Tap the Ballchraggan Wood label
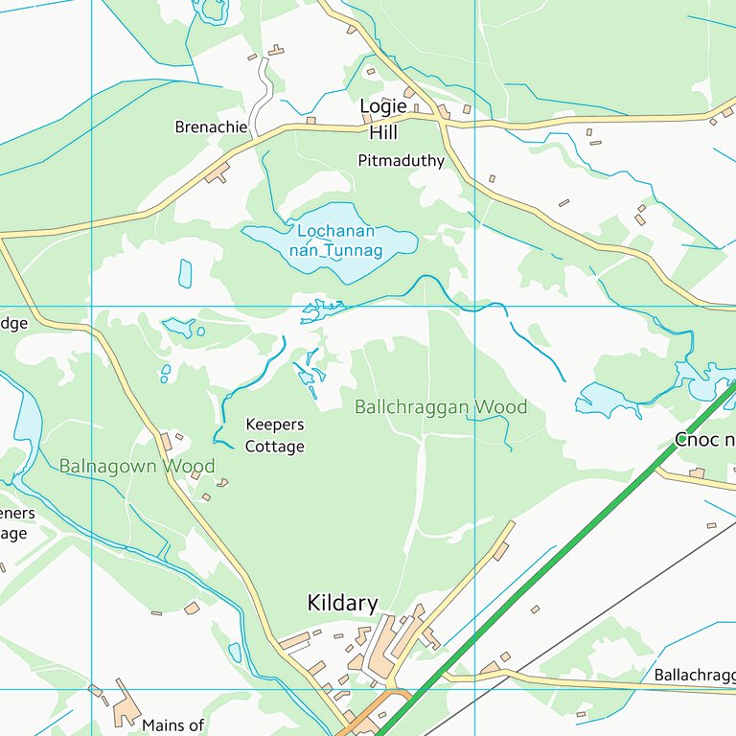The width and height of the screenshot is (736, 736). click(441, 407)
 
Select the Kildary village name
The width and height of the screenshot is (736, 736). click(342, 603)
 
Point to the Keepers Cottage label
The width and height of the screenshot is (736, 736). click(275, 435)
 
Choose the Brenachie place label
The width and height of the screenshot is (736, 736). click(211, 126)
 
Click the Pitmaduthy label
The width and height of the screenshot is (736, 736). click(402, 161)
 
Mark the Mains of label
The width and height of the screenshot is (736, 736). click(172, 725)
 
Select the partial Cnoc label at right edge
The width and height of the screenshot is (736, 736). click(704, 440)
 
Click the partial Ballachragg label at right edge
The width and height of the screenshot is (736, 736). click(694, 675)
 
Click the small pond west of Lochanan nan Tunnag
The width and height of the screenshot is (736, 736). click(185, 273)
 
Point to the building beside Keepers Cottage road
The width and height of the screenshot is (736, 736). click(166, 441)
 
